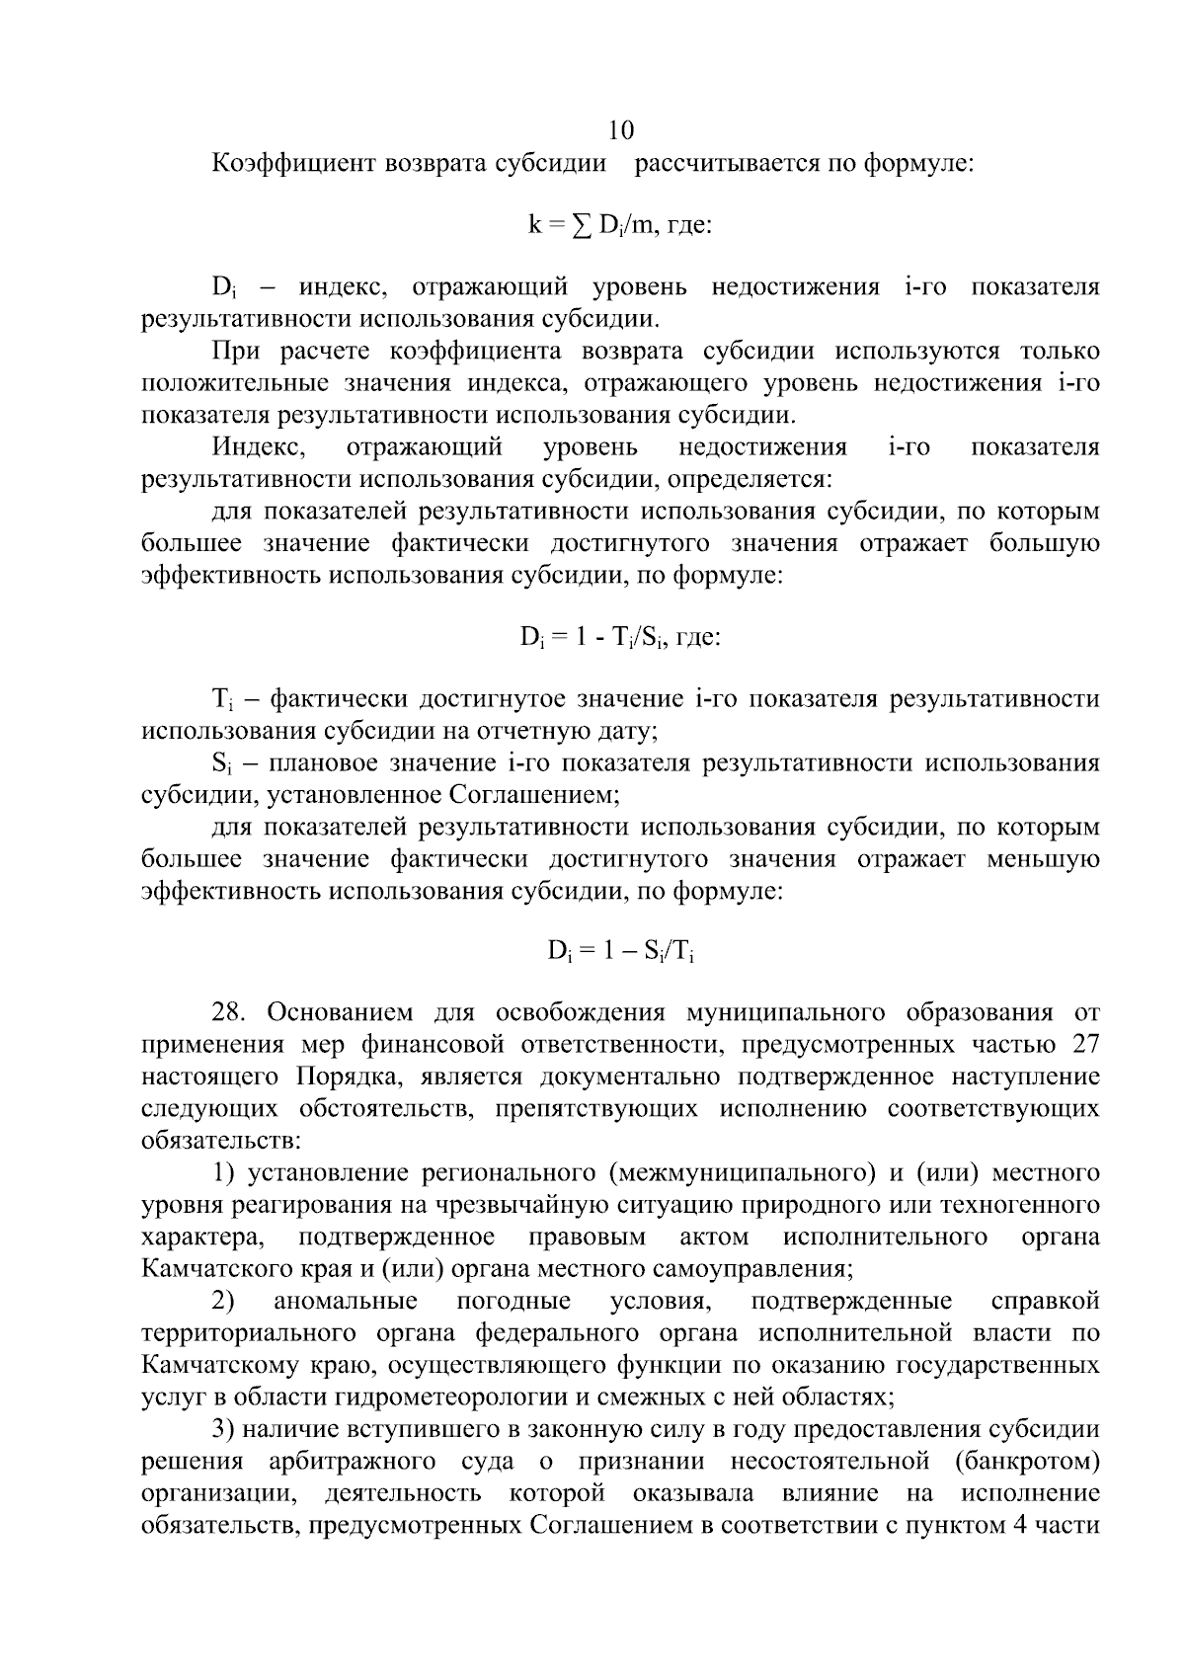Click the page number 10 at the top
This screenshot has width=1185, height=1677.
coord(621,131)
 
